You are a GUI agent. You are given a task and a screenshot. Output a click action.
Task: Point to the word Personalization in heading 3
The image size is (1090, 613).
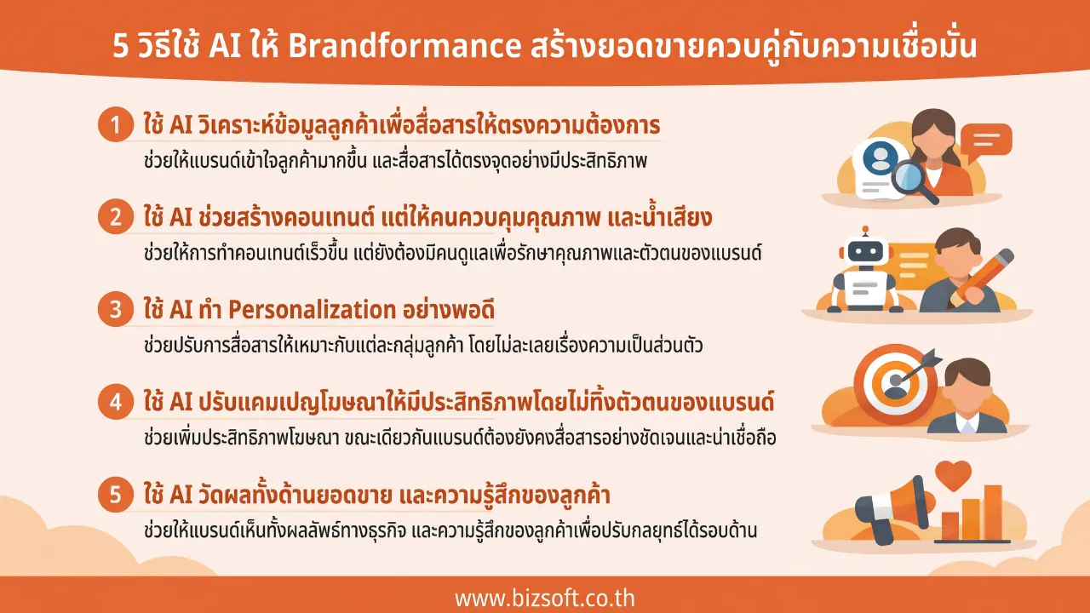[315, 309]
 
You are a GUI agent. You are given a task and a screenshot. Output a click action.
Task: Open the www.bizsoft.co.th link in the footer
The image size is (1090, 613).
[545, 597]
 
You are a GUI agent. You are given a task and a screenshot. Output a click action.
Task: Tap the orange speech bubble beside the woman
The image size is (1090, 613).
[986, 140]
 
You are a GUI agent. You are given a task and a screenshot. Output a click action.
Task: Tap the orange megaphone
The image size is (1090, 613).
[891, 501]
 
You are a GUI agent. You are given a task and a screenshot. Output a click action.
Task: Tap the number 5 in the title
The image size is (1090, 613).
[122, 46]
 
